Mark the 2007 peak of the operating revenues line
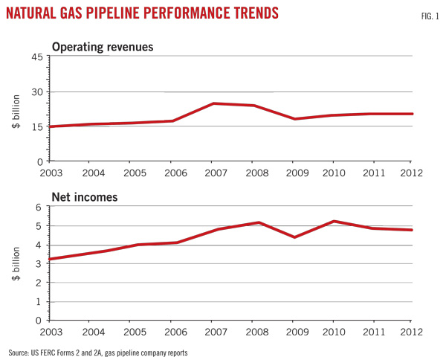[x=213, y=103]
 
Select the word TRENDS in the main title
[x=253, y=14]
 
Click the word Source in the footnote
[x=20, y=350]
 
